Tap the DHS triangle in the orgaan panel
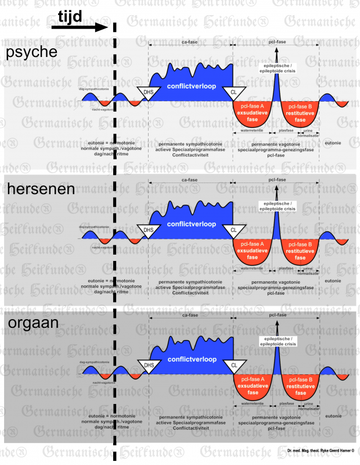click(149, 366)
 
